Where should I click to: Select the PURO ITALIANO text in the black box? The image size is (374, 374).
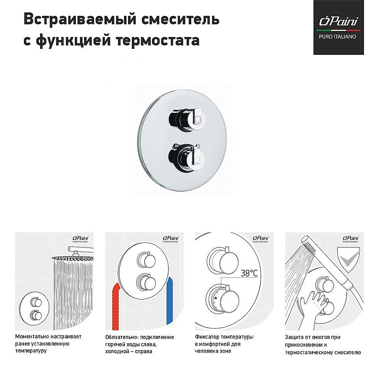pyautogui.click(x=338, y=37)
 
